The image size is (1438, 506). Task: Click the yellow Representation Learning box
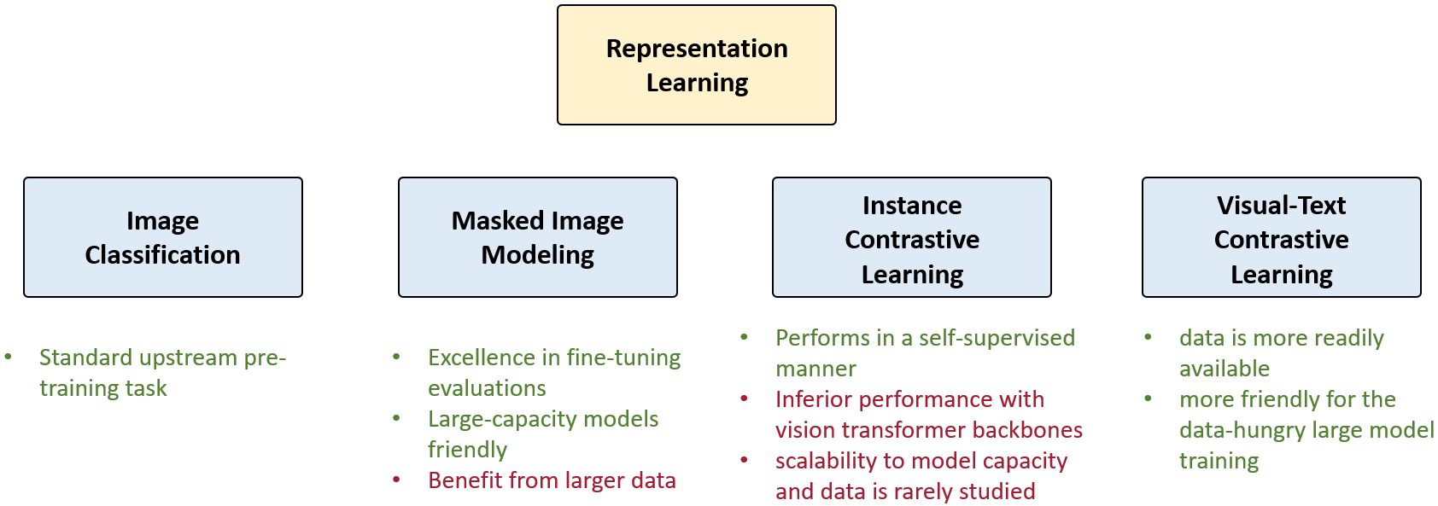pos(696,66)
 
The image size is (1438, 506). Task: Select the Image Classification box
pos(162,237)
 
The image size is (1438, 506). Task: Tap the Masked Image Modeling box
pos(537,237)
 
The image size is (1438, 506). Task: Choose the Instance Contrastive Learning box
pos(911,237)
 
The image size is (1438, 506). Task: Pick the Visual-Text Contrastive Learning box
pos(1281,237)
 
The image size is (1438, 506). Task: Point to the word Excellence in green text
pos(481,358)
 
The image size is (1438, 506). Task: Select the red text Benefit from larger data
pos(552,480)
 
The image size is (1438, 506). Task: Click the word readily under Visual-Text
pos(1343,338)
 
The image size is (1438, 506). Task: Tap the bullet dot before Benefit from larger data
pos(396,480)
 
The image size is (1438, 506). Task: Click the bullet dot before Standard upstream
pos(8,357)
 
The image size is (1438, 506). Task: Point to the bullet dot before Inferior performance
pos(744,398)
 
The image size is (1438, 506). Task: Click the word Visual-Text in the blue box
pos(1281,206)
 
